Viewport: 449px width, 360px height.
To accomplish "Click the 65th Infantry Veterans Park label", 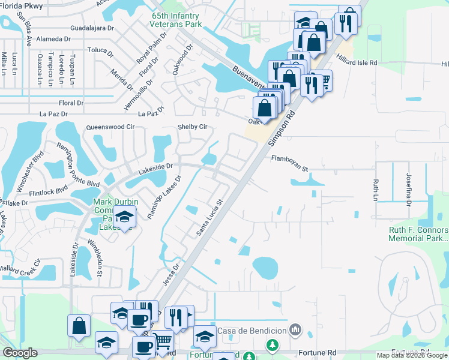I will [x=176, y=20].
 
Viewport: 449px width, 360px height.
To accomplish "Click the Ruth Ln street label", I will [x=376, y=190].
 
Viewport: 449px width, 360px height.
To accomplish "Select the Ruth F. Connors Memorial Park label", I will [x=418, y=234].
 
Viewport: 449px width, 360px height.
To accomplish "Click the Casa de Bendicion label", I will [x=252, y=331].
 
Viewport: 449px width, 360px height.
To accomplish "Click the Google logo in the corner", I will [x=20, y=353].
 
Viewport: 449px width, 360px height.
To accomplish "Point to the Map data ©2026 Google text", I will [x=411, y=355].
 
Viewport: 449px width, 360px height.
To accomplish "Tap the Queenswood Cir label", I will [x=110, y=127].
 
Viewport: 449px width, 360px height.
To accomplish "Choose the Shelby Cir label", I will [x=192, y=127].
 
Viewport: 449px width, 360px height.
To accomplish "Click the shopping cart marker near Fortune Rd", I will [x=163, y=341].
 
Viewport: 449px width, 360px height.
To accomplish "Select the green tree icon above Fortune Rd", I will [x=273, y=345].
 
